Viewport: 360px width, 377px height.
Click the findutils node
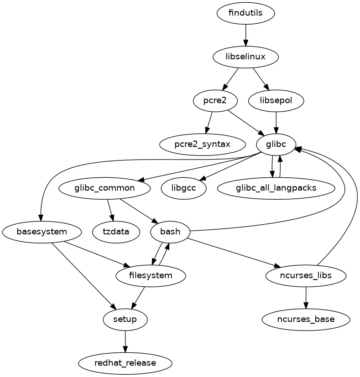tap(245, 13)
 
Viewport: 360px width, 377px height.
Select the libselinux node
tap(245, 57)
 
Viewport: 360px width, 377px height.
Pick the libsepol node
tap(276, 100)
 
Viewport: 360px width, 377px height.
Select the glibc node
tap(276, 144)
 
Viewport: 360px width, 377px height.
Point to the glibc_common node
tap(104, 188)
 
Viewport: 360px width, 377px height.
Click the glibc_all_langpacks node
tap(276, 188)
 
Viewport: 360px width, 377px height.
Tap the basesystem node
tap(42, 232)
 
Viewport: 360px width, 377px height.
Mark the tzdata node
tap(116, 232)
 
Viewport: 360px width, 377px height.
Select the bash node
tap(170, 232)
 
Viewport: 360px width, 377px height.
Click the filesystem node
tap(151, 275)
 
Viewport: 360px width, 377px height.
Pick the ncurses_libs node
tap(306, 275)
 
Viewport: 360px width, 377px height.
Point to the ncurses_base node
tap(306, 319)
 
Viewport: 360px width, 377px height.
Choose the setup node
tap(125, 319)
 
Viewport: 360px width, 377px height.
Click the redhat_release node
tap(125, 363)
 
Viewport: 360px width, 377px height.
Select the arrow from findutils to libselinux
tap(245, 35)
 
